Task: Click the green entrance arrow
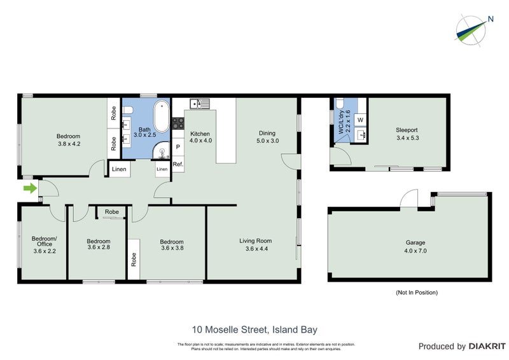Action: coord(29,188)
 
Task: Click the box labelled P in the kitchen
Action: coord(178,147)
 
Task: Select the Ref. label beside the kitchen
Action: coord(178,165)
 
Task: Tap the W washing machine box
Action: coord(360,120)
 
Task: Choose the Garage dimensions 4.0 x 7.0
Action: coord(415,251)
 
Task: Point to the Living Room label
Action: coord(256,240)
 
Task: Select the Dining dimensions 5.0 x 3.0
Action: coord(267,141)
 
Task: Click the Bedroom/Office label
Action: coord(45,242)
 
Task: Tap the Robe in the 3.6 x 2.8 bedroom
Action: coord(112,212)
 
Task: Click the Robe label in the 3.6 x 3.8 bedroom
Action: coord(134,259)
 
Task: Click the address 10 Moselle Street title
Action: coord(254,329)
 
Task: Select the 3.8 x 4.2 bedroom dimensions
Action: coord(68,144)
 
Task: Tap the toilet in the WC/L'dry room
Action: coord(340,105)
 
